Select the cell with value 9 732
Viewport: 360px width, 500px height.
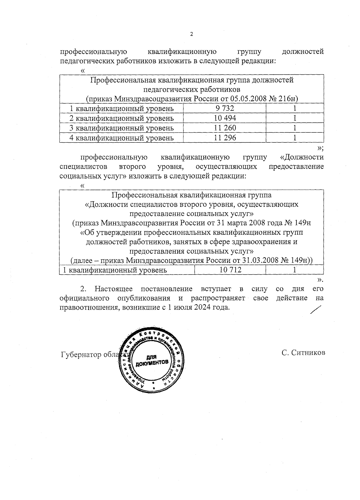(225, 108)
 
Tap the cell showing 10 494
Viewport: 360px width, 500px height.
(225, 118)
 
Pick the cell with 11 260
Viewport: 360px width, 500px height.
(225, 128)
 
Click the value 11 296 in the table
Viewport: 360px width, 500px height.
(225, 138)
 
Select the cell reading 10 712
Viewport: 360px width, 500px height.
(230, 270)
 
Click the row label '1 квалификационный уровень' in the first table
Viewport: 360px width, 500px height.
(121, 108)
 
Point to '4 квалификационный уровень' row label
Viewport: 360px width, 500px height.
(121, 138)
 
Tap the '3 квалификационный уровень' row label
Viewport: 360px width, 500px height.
(121, 128)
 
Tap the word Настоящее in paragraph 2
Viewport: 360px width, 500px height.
(114, 289)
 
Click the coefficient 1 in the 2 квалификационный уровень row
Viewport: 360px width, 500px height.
(295, 118)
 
